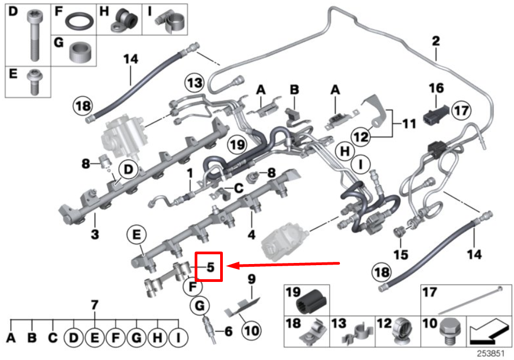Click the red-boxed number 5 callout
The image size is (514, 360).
click(209, 266)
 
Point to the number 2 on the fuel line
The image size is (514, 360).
click(435, 40)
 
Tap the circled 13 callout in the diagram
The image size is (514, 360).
click(195, 83)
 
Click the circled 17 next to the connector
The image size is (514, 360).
click(460, 111)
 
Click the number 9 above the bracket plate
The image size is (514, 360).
click(251, 280)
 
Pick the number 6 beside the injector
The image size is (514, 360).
click(228, 329)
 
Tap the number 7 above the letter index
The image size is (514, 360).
click(94, 306)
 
